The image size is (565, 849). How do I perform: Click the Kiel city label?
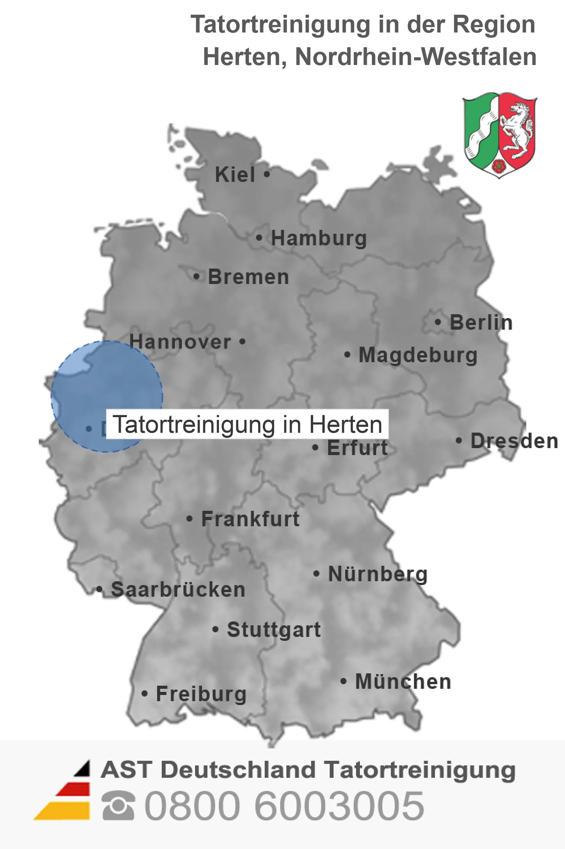click(235, 175)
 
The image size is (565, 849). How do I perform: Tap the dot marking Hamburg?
click(259, 238)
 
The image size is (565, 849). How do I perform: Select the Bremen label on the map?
click(248, 277)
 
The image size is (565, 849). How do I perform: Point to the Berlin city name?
click(481, 323)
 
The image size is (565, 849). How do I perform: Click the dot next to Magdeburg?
click(347, 354)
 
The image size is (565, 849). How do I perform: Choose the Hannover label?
click(180, 342)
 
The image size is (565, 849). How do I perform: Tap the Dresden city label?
click(514, 441)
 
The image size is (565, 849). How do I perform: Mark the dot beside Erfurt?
click(315, 448)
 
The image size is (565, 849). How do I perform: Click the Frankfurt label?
click(250, 519)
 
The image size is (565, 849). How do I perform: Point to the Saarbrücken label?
click(178, 590)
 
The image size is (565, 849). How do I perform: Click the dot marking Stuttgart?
click(216, 630)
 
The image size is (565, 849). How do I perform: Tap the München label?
click(403, 681)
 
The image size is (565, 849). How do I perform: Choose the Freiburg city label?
click(201, 694)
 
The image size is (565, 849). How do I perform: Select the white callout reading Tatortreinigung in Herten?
click(247, 424)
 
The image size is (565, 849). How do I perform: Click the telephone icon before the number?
click(118, 806)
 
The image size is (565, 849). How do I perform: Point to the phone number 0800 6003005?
click(284, 806)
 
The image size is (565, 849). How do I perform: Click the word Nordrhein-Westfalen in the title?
click(416, 57)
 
